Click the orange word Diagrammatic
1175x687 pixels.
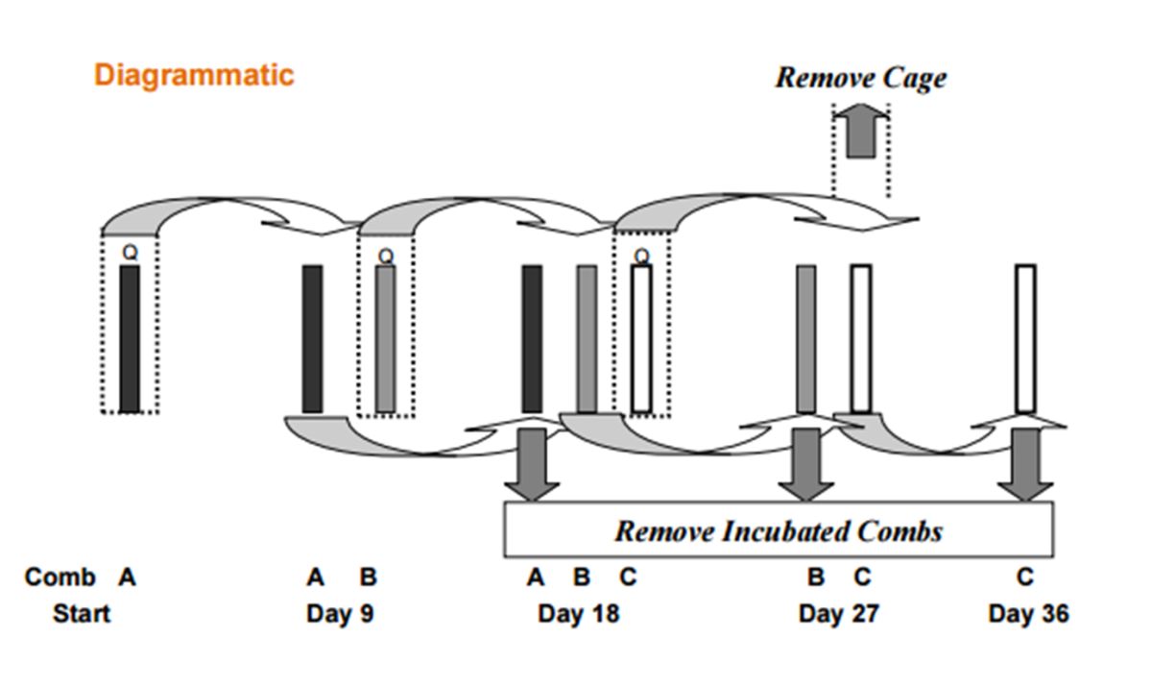click(x=193, y=75)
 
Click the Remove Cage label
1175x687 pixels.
click(x=860, y=78)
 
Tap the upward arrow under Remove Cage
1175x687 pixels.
click(x=860, y=131)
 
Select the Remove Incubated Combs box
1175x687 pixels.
click(x=779, y=530)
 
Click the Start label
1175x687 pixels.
click(x=82, y=613)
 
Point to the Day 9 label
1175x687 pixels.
click(x=340, y=613)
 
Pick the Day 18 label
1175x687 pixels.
click(x=578, y=613)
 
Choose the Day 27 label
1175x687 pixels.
click(x=838, y=613)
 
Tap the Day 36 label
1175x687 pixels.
click(x=1028, y=613)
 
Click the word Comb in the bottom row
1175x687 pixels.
click(x=60, y=577)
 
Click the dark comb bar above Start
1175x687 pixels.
click(x=130, y=338)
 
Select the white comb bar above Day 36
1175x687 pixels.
click(x=1025, y=338)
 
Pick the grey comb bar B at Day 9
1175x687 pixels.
click(x=385, y=338)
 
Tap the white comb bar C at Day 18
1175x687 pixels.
click(x=641, y=338)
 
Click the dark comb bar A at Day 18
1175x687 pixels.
click(x=532, y=338)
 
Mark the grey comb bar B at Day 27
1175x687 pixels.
click(x=806, y=338)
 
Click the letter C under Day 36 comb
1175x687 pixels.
click(x=1025, y=577)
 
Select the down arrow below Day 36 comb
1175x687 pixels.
click(x=1025, y=465)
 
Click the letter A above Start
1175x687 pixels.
click(x=127, y=577)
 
